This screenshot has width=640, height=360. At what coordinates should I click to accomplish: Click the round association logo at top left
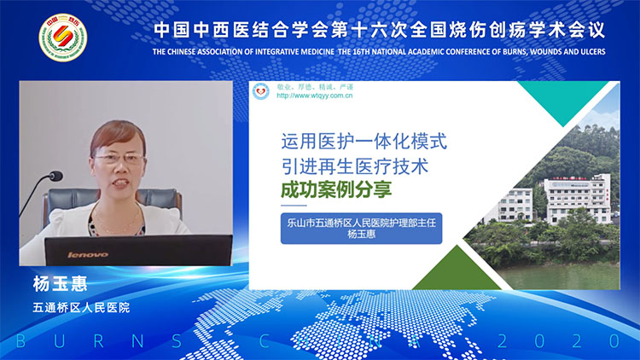pyautogui.click(x=63, y=39)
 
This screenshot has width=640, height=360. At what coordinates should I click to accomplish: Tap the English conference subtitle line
pyautogui.click(x=379, y=51)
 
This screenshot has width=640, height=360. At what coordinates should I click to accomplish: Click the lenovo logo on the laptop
pyautogui.click(x=87, y=254)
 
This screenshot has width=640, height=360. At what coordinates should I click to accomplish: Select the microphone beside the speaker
pyautogui.click(x=54, y=177)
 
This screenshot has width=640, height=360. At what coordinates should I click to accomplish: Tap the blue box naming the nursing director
pyautogui.click(x=361, y=229)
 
